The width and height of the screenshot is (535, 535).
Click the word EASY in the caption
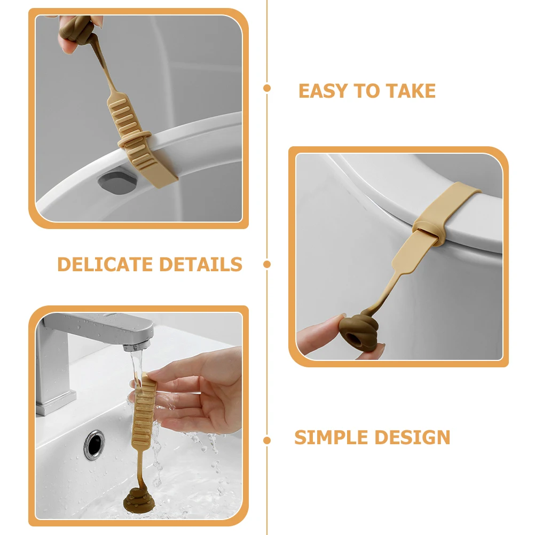318,91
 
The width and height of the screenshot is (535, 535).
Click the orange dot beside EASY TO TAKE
267,88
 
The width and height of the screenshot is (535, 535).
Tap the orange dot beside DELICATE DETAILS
267,264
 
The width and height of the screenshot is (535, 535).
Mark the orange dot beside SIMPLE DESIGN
267,440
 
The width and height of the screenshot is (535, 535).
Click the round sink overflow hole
95,443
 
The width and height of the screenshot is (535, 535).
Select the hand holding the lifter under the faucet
198,390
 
